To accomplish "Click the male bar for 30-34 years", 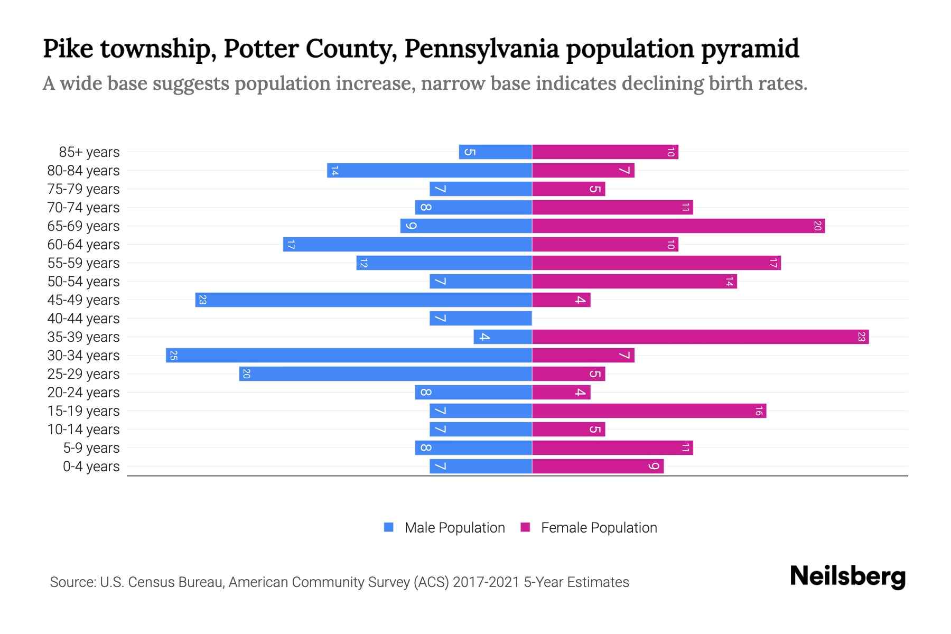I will click(349, 355).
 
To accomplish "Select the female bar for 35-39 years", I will click(700, 337).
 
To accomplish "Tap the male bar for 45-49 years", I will click(363, 300).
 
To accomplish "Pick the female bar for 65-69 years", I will click(678, 226).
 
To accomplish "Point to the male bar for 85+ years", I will click(495, 152).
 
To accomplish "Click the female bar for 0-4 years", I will click(598, 466).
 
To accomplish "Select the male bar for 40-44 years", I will click(481, 318).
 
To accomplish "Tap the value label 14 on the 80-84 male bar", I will click(334, 171).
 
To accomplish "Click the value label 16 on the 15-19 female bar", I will click(759, 411).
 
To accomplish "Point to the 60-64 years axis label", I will click(83, 245).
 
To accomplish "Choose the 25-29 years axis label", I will click(83, 374).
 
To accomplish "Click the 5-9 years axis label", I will click(91, 448).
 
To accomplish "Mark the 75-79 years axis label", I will click(83, 189).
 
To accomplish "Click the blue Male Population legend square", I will click(389, 527).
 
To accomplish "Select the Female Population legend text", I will click(599, 527).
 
